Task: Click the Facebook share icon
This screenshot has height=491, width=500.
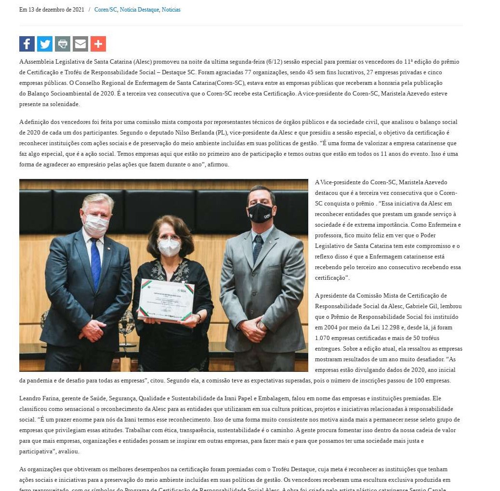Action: click(27, 44)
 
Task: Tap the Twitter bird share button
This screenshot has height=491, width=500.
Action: click(45, 44)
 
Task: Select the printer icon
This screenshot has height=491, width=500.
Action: click(63, 44)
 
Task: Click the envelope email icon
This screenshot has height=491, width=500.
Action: click(80, 44)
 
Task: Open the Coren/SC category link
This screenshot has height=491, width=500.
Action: click(105, 10)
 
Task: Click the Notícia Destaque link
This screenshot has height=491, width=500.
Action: click(139, 10)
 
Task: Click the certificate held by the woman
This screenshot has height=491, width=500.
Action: click(167, 300)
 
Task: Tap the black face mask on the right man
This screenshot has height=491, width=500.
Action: click(261, 212)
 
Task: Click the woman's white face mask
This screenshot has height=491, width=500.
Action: click(170, 247)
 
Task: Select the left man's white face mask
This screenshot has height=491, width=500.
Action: click(96, 224)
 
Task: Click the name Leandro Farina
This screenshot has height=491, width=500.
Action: click(36, 398)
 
